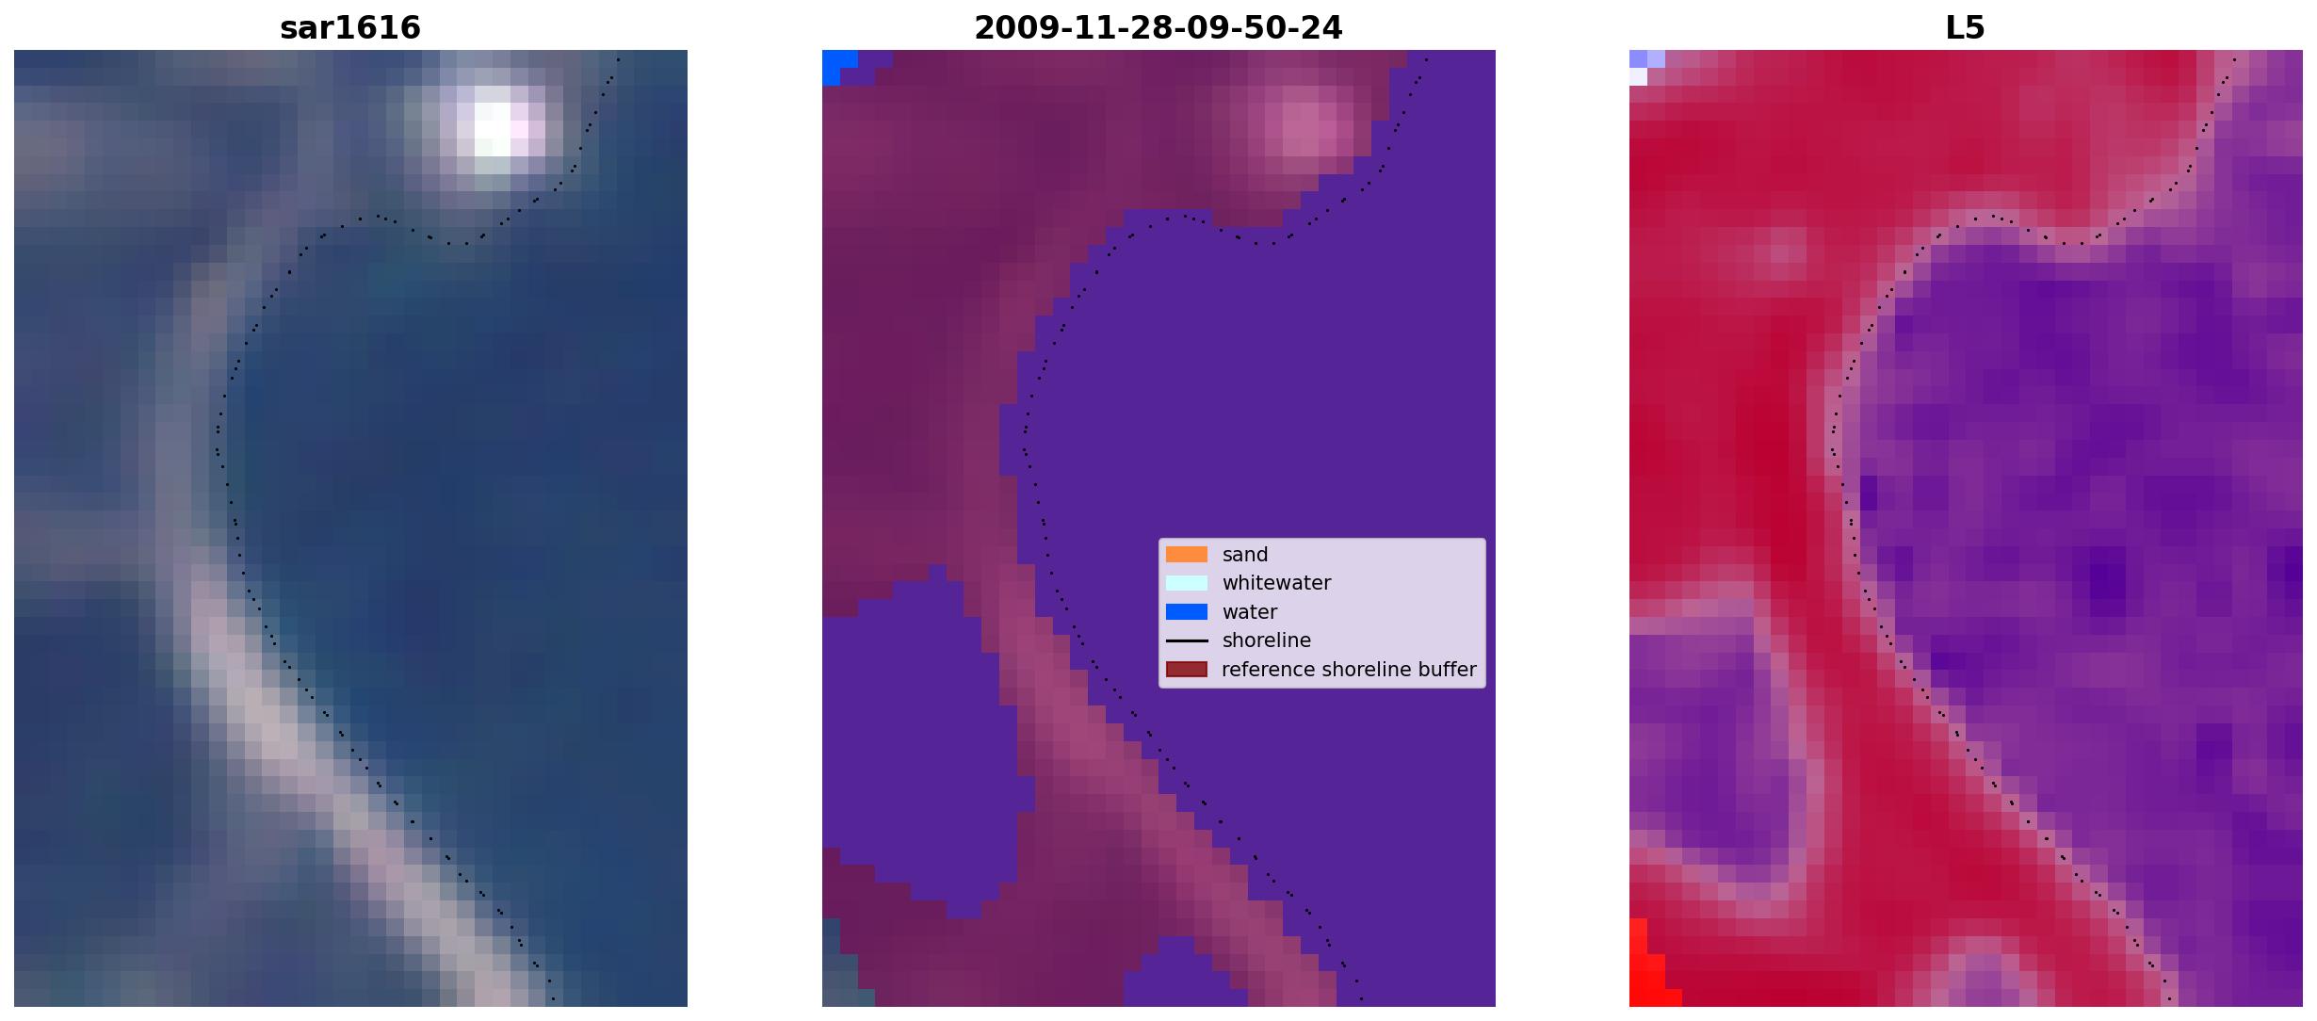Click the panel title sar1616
click(x=350, y=28)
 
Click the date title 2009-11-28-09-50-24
click(x=1158, y=28)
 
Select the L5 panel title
click(x=1966, y=28)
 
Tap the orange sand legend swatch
click(x=1187, y=555)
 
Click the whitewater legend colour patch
click(x=1187, y=583)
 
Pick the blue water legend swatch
click(x=1187, y=612)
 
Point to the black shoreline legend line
click(x=1187, y=640)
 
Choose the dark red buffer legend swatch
click(x=1187, y=670)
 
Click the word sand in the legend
click(x=1245, y=555)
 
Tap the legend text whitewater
click(x=1276, y=583)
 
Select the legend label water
click(x=1250, y=612)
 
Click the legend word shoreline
click(x=1267, y=640)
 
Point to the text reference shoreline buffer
click(x=1349, y=670)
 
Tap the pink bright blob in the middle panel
click(x=1309, y=122)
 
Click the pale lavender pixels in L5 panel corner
click(x=1644, y=66)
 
